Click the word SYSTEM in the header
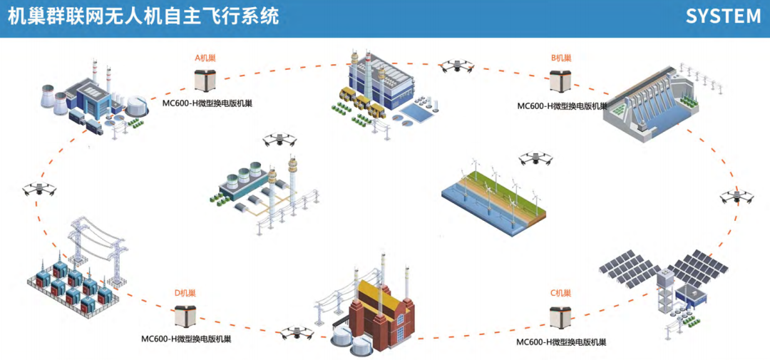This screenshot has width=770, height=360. (723, 16)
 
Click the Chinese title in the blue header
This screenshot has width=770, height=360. (143, 16)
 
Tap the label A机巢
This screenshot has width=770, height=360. (205, 57)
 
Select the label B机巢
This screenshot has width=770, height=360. (561, 57)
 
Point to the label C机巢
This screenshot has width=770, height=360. (561, 293)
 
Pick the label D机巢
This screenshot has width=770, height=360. (185, 293)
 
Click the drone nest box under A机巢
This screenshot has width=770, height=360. (205, 79)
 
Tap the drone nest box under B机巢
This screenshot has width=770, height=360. (561, 81)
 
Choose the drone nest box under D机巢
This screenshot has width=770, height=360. (185, 317)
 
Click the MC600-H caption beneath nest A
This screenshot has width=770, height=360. (207, 103)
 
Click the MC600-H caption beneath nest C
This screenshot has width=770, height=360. (561, 342)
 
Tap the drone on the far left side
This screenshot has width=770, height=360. (40, 190)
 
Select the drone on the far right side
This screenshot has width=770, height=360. (734, 196)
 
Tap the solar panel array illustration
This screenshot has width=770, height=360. (663, 282)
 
